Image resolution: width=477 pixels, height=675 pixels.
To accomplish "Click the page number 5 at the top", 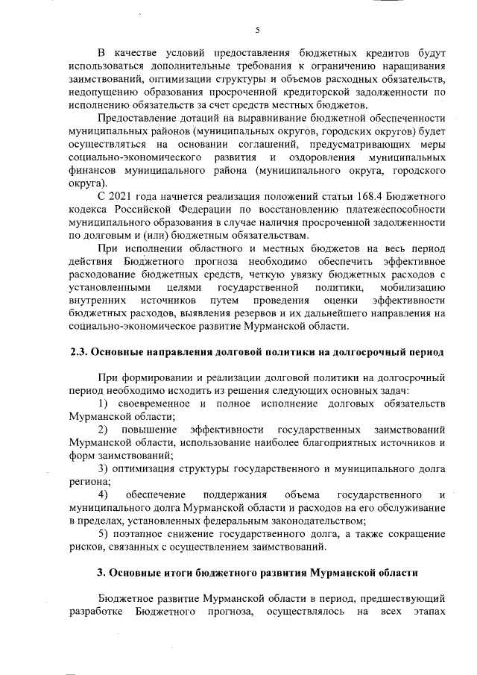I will [256, 30].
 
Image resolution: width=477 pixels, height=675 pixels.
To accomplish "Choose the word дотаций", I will [197, 119].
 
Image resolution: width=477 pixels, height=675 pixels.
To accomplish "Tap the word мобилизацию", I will [413, 286].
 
